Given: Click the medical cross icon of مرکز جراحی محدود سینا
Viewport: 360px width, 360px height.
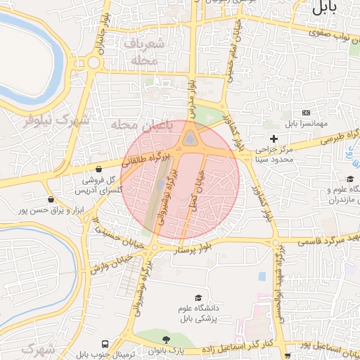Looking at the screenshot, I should [x=274, y=139].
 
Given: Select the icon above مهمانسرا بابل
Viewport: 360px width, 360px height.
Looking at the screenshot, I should [x=306, y=112].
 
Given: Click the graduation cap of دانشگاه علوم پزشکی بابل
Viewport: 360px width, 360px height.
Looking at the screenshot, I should [x=198, y=299].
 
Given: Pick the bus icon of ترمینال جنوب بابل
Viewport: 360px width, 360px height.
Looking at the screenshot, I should [x=105, y=345].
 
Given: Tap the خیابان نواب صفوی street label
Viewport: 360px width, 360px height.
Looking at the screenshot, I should [x=331, y=31].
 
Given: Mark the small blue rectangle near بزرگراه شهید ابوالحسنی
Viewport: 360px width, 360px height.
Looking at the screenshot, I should [x=262, y=276].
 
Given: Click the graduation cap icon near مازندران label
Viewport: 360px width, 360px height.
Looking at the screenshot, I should [x=350, y=180].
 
